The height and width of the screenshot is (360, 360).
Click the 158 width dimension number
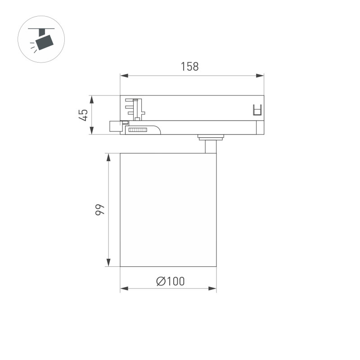[189, 67]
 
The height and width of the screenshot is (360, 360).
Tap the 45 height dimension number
[83, 115]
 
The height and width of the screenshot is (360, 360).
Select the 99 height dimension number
[100, 210]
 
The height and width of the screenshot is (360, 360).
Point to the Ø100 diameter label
[171, 282]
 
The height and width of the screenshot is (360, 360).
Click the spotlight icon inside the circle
[43, 40]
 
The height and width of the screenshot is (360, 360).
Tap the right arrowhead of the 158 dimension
[260, 76]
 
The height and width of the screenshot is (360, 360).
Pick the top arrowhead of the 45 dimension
[91, 99]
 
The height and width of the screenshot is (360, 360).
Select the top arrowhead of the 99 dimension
[108, 157]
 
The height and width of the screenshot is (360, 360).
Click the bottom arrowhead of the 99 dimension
[108, 263]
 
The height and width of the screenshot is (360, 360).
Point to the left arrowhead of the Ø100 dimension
[124, 288]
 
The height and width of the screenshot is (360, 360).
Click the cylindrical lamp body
[168, 210]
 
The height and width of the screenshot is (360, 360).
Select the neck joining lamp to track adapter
[210, 147]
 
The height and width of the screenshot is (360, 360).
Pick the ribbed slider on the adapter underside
[138, 130]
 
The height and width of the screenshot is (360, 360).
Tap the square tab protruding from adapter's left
[114, 126]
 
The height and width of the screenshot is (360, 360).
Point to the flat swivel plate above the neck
[210, 137]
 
